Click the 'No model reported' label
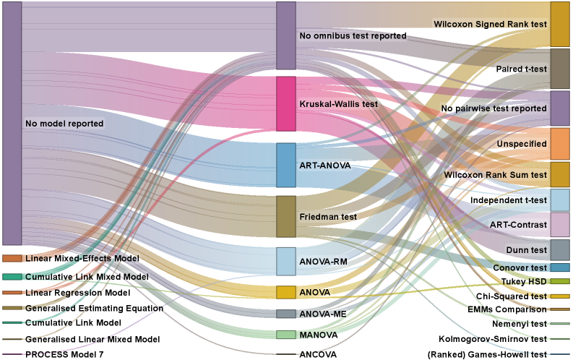[64, 124]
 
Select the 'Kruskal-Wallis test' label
[338, 104]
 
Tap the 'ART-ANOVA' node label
[324, 166]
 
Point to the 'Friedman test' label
[328, 216]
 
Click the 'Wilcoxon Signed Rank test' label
[489, 24]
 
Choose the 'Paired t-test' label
[520, 69]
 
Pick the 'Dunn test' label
[527, 250]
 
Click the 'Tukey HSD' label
[525, 281]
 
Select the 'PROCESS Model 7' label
[64, 354]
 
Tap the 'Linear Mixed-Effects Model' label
[82, 258]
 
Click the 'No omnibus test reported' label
[353, 35]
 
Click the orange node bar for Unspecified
[560, 144]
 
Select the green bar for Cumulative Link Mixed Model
[12, 277]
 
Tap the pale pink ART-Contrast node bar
[560, 225]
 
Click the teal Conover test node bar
[560, 267]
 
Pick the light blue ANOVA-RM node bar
[286, 261]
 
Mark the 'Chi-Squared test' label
[512, 296]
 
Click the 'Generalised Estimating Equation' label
[94, 308]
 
